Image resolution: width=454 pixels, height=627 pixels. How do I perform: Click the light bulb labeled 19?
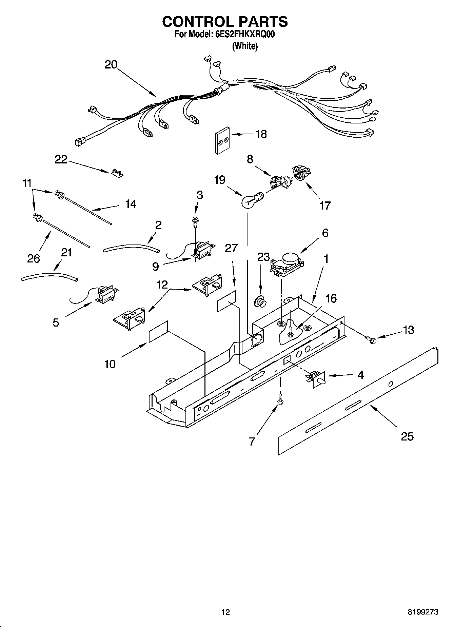tap(250, 201)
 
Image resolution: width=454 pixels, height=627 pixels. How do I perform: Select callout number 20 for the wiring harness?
tap(111, 64)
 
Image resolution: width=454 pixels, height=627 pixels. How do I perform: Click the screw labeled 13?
tap(371, 338)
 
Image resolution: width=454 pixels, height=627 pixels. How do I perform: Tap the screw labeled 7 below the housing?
tap(280, 398)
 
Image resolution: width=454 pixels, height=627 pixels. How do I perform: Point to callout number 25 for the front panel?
tap(407, 436)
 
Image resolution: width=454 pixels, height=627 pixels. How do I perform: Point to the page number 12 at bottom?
tap(225, 612)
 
